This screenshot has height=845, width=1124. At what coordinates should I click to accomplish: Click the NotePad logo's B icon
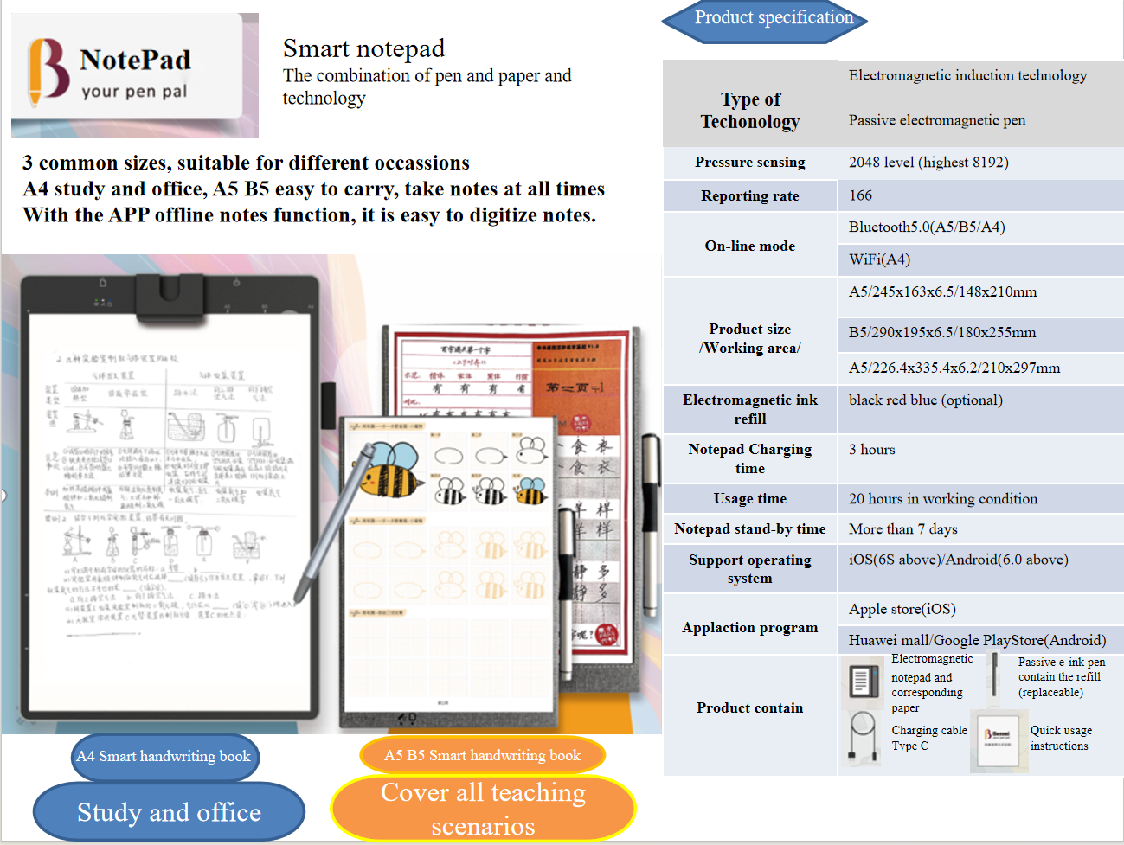[47, 71]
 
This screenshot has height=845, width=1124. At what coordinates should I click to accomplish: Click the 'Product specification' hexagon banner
[765, 20]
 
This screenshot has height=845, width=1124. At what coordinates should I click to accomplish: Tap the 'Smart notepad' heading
[363, 48]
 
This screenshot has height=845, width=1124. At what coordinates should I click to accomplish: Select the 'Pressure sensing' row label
[749, 163]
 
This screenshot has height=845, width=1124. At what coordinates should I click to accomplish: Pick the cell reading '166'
[861, 195]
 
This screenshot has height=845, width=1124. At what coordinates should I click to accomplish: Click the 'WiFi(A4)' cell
[879, 259]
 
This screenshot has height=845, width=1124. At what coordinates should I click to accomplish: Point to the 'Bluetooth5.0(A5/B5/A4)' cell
[927, 227]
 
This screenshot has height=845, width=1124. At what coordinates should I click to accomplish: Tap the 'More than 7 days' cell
[902, 529]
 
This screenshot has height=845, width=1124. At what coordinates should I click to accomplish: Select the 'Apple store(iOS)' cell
[902, 610]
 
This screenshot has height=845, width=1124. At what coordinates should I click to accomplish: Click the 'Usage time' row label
[749, 499]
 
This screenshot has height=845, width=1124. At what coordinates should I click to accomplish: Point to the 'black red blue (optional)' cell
[925, 400]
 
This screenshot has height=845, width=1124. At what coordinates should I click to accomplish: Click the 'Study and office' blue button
[169, 812]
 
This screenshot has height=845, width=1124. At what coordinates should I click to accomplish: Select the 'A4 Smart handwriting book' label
[164, 756]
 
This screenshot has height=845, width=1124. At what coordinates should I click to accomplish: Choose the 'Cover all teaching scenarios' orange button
[483, 809]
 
